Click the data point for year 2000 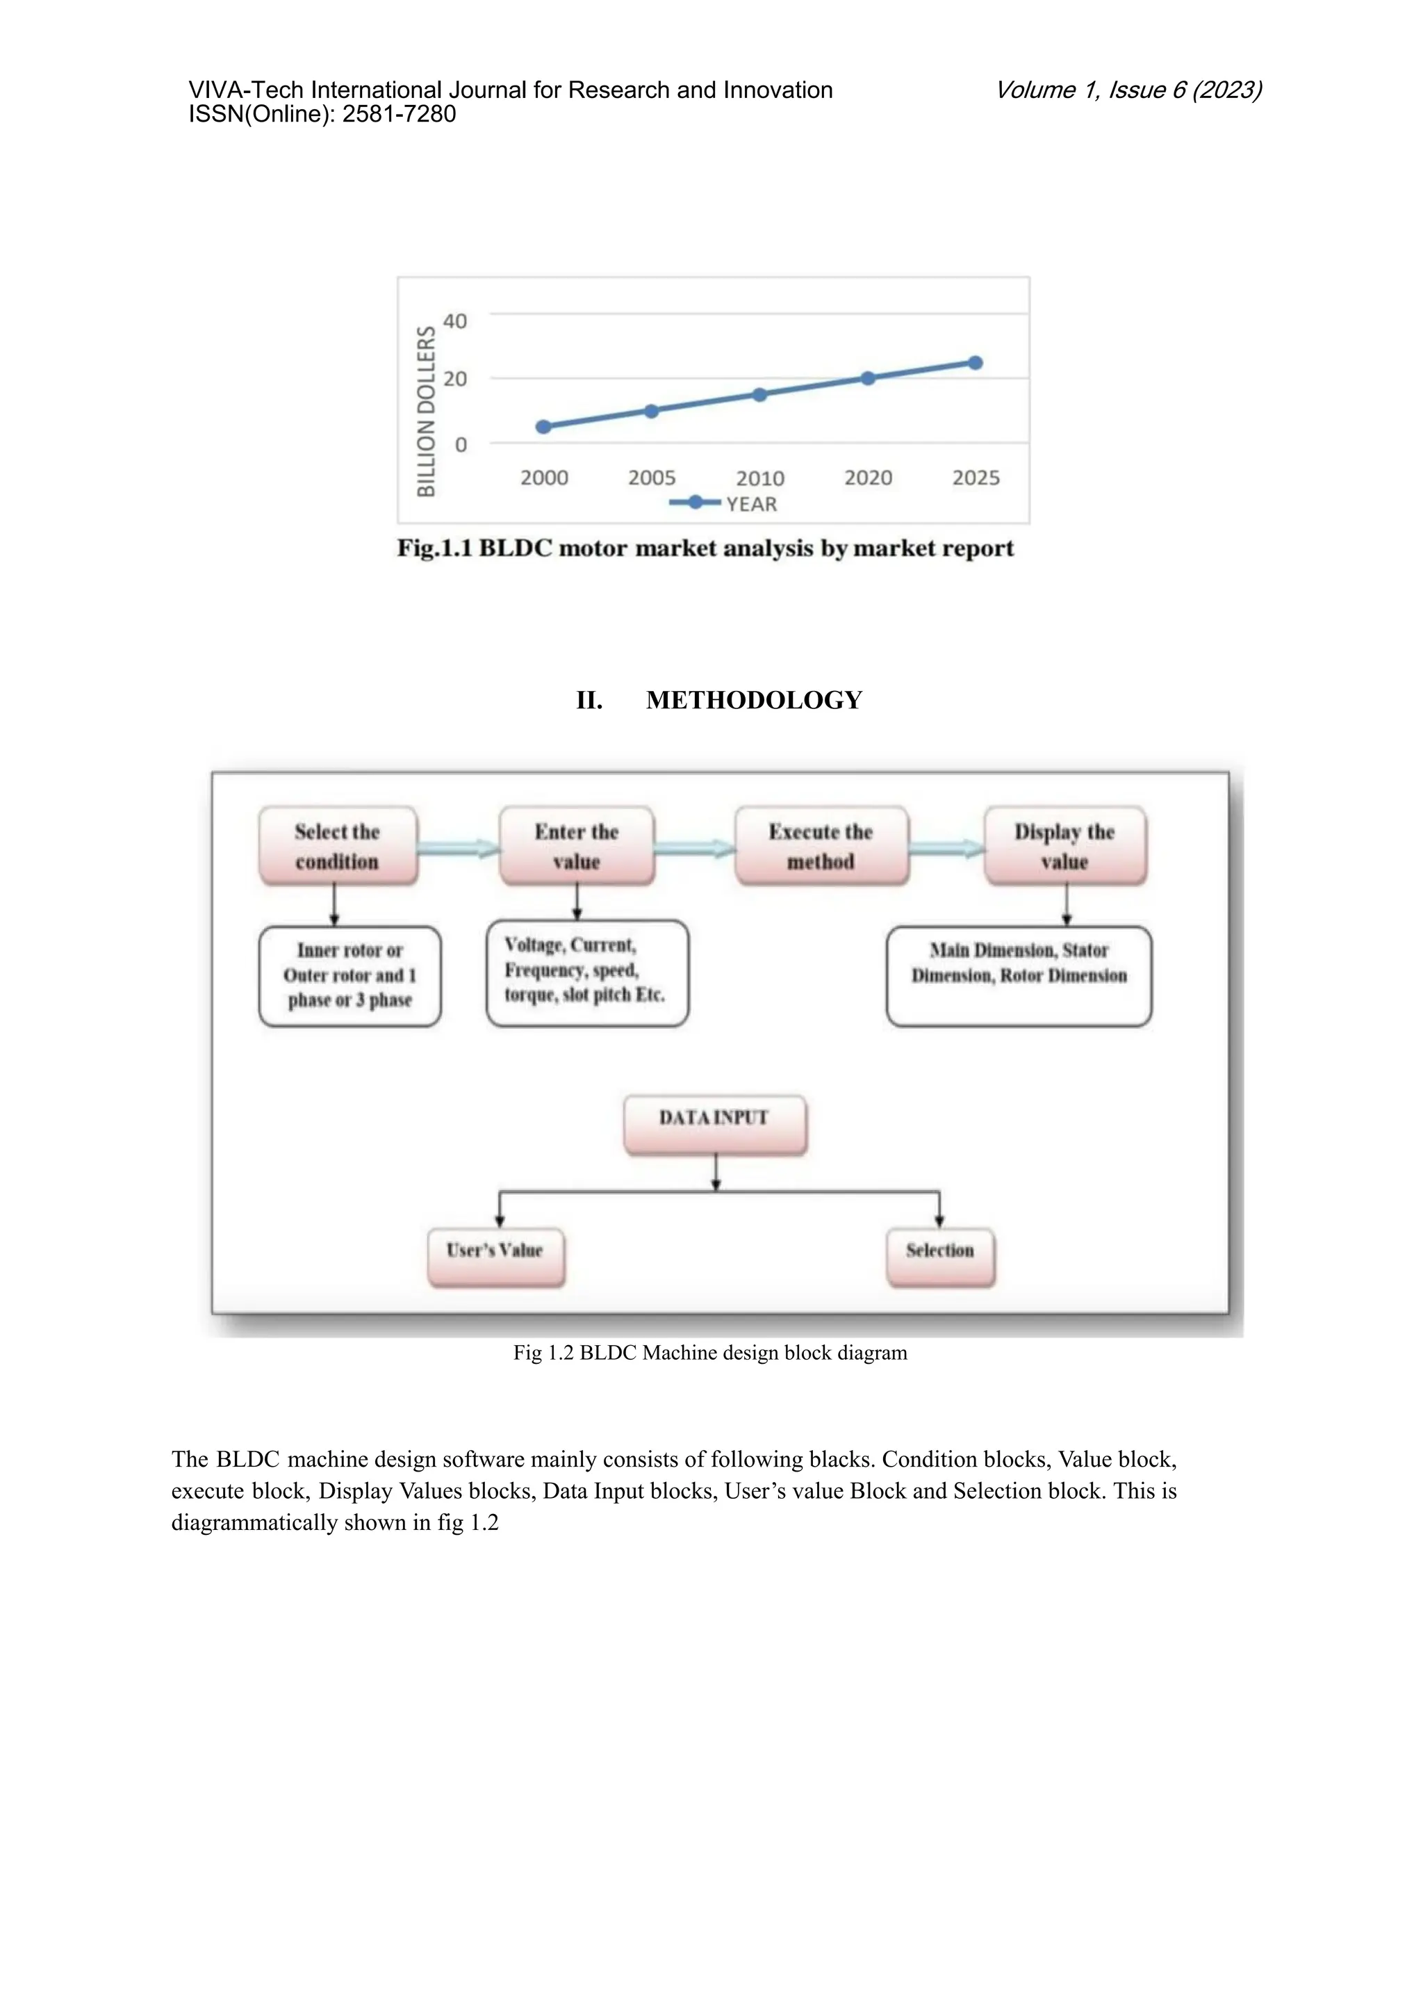[x=543, y=427]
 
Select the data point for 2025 [x=976, y=363]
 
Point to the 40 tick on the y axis [x=455, y=321]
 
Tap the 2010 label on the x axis [x=759, y=479]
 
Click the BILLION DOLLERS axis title [x=426, y=411]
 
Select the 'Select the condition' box [x=338, y=846]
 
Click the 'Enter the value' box [x=577, y=846]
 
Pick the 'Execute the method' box [x=821, y=846]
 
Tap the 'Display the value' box [x=1064, y=846]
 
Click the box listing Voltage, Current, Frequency [x=587, y=972]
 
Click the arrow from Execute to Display [x=946, y=847]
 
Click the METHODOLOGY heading [x=754, y=701]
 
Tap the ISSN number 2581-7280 [x=399, y=115]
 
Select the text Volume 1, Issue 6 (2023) [x=1128, y=90]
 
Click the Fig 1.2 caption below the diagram [x=709, y=1353]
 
